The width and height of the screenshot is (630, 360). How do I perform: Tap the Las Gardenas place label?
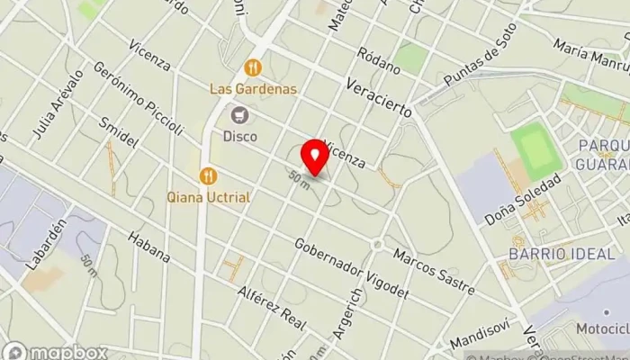(253, 90)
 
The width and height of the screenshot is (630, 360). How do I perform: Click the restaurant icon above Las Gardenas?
(253, 67)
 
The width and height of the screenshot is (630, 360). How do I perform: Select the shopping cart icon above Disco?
(239, 115)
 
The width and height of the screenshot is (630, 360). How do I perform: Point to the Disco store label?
(239, 137)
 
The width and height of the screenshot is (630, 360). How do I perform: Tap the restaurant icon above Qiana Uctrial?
(209, 175)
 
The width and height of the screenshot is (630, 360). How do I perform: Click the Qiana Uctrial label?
(209, 196)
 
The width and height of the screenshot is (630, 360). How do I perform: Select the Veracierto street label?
(378, 98)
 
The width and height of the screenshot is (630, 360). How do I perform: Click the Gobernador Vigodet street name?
(351, 267)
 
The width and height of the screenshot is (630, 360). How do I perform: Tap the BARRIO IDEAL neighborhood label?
(549, 254)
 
